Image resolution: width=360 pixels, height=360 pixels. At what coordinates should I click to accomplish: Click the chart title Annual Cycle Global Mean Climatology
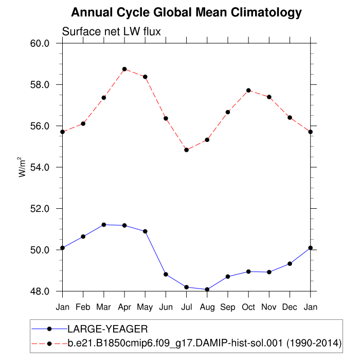186,12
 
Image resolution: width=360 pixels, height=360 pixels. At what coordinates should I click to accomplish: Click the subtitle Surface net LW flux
112,32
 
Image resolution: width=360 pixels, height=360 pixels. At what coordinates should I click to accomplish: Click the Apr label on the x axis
124,307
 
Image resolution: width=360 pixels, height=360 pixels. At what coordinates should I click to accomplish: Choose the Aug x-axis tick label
207,307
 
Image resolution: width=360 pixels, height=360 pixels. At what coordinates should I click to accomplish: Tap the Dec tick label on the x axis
290,307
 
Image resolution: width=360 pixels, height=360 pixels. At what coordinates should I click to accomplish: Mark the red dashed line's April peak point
124,69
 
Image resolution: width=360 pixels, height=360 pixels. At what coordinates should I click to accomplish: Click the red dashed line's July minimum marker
186,150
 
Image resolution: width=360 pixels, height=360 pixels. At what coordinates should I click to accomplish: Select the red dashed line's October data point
248,91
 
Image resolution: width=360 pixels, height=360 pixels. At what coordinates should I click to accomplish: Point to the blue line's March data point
104,225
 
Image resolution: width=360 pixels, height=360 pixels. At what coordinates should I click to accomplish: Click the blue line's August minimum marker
207,290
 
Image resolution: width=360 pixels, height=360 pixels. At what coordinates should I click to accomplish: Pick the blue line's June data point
166,274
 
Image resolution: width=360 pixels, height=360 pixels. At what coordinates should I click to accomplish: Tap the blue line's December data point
290,263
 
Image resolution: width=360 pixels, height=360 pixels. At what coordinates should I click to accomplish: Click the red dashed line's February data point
83,123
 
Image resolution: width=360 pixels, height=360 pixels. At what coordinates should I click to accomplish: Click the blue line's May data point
145,231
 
